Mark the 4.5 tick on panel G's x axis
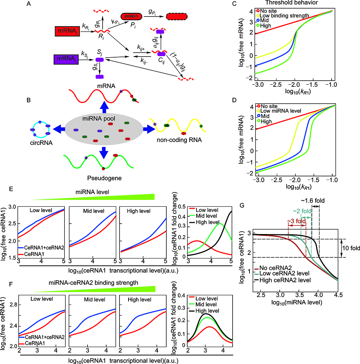(337, 294)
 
